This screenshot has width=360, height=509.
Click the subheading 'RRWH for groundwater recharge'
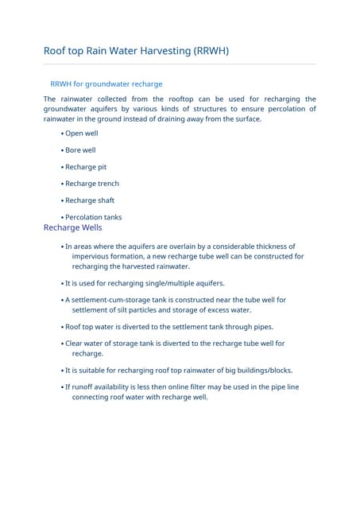coord(106,84)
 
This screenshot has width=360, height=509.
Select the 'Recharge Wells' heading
coord(73,227)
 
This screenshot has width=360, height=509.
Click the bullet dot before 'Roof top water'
coord(62,327)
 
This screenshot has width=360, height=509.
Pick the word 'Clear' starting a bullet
coord(75,344)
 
